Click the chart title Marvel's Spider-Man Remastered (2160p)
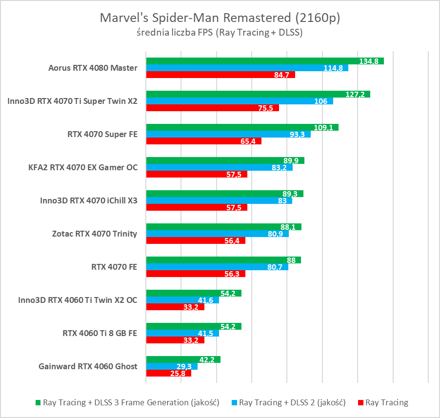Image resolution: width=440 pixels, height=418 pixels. coord(220,18)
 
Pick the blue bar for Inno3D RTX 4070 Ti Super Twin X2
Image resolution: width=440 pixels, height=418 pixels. coord(240,101)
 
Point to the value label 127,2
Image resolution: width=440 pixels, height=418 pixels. coord(355,94)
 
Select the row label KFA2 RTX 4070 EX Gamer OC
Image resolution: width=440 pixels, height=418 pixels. coord(83,167)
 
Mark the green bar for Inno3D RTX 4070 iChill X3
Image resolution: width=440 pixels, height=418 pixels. coord(224,194)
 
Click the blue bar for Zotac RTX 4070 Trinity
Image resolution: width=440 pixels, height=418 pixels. coord(218,234)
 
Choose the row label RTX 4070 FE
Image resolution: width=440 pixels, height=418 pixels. coord(114,267)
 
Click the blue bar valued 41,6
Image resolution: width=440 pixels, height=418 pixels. coord(182,300)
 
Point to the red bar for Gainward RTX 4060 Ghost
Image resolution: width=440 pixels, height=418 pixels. coord(168,373)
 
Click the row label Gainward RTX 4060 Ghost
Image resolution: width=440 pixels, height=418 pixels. coord(88,366)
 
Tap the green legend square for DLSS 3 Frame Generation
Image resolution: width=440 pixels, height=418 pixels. coord(38,403)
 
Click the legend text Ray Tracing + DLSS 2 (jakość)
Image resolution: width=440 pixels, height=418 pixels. coord(292,403)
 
